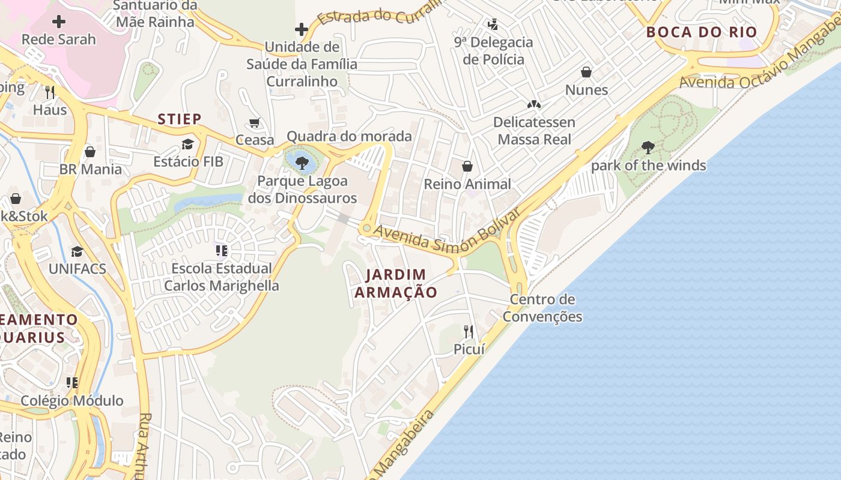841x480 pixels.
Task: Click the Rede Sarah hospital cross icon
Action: (59, 22)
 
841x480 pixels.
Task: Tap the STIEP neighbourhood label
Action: (180, 119)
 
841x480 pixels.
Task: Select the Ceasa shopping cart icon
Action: (255, 123)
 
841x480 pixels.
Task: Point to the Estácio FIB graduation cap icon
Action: (188, 144)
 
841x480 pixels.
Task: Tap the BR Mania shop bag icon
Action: (90, 152)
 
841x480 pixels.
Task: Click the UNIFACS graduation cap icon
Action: (77, 251)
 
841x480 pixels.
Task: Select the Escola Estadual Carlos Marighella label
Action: (222, 277)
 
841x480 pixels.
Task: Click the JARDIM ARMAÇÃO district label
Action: (396, 283)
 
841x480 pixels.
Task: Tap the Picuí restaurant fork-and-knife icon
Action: (469, 331)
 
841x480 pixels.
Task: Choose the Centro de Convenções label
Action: (542, 308)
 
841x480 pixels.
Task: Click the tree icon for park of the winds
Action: (648, 147)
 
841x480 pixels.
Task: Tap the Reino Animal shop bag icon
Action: (467, 166)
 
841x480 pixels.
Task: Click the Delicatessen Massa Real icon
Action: (534, 104)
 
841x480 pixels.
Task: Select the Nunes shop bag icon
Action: (586, 73)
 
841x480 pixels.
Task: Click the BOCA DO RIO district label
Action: (702, 32)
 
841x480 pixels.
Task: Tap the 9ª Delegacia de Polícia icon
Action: (493, 25)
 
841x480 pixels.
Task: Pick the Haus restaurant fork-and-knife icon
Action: (50, 92)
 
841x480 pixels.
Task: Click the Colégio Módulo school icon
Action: (72, 383)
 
